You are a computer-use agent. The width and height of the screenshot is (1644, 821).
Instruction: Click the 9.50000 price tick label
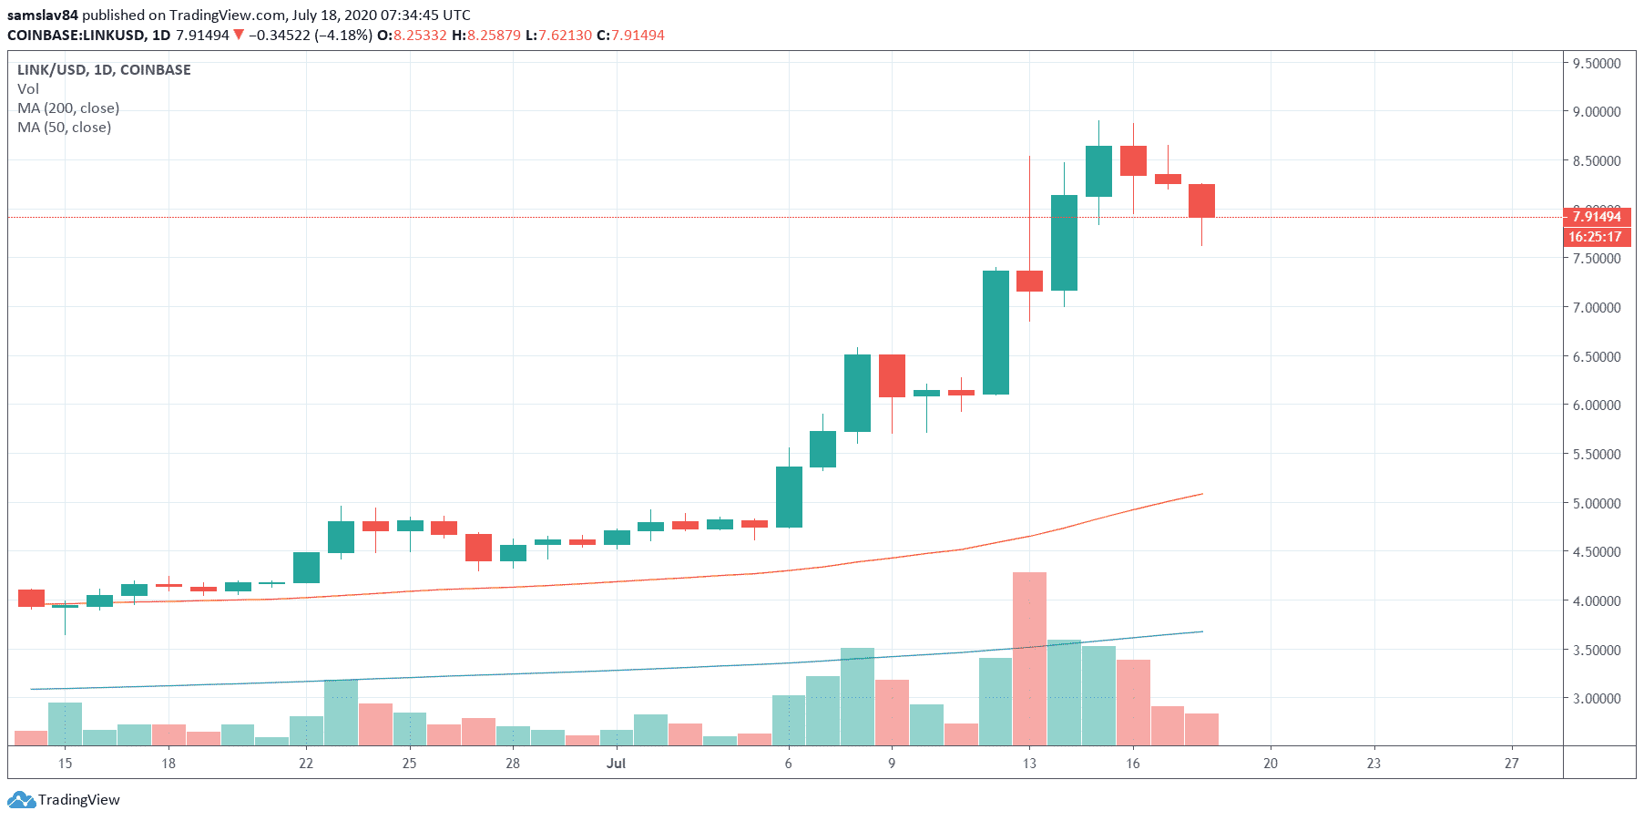[x=1597, y=63]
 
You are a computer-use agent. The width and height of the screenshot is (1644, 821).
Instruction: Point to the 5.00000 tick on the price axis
[x=1597, y=503]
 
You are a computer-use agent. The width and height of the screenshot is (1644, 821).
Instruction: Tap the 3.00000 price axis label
[x=1597, y=699]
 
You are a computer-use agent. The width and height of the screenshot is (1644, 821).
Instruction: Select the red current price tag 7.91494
[x=1597, y=217]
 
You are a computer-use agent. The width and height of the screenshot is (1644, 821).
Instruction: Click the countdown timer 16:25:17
[x=1595, y=237]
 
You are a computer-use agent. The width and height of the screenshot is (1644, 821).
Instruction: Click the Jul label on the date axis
[x=617, y=764]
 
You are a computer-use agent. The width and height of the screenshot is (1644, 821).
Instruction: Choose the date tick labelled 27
[x=1511, y=764]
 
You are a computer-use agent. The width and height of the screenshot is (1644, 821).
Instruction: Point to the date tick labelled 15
[x=65, y=764]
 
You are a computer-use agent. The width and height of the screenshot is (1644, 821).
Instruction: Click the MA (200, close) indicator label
[x=68, y=108]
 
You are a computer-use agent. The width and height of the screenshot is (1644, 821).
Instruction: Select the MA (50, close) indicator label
[x=64, y=128]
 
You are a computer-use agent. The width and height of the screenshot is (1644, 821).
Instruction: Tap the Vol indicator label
[x=28, y=89]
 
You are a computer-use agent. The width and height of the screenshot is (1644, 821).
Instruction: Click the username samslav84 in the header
[x=43, y=15]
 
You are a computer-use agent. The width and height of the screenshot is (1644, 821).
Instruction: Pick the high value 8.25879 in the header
[x=494, y=36]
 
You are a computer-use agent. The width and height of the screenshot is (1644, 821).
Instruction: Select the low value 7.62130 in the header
[x=565, y=36]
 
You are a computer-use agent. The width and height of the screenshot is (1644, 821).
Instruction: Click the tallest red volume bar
[x=1029, y=658]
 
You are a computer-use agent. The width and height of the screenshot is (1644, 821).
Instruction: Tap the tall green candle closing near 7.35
[x=996, y=333]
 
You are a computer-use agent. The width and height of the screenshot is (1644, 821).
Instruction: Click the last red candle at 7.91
[x=1201, y=200]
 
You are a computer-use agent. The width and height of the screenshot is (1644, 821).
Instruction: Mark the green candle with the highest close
[x=1098, y=171]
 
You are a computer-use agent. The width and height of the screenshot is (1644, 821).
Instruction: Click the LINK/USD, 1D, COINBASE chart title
[x=104, y=70]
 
